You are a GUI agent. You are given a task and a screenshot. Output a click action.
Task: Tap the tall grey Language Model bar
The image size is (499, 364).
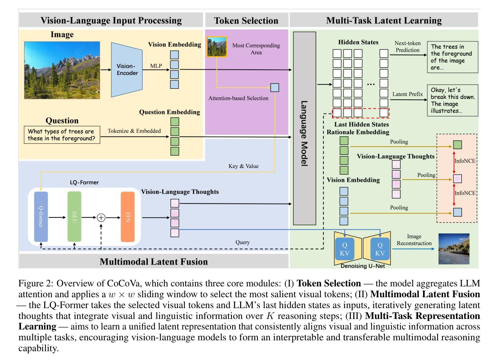click(304, 128)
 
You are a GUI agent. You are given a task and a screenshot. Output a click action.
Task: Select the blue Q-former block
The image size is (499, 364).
click(41, 217)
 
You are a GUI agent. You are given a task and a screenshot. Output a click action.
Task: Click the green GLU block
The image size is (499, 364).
click(74, 217)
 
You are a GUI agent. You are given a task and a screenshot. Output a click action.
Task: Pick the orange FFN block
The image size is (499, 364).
click(128, 217)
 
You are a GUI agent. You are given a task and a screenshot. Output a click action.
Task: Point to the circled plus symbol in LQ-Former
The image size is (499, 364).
click(101, 217)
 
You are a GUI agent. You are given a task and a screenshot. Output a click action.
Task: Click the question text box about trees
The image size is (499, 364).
click(62, 135)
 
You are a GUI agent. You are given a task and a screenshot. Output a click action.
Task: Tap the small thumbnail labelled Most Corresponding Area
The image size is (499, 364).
click(217, 47)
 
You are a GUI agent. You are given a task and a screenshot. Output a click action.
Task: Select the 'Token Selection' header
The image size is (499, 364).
click(246, 21)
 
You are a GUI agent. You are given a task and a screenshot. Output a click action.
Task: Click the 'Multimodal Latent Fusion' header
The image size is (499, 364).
click(154, 261)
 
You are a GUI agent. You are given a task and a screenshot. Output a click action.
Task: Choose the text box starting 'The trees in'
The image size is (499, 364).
click(452, 57)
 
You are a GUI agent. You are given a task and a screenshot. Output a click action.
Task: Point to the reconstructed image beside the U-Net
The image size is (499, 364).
click(454, 249)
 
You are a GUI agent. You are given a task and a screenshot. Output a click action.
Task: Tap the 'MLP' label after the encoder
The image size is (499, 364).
click(156, 66)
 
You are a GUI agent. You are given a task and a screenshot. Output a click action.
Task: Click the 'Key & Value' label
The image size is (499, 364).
click(243, 166)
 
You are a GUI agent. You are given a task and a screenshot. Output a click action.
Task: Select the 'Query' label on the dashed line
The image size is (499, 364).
click(242, 242)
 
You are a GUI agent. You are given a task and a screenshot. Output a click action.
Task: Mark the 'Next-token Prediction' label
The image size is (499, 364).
click(408, 47)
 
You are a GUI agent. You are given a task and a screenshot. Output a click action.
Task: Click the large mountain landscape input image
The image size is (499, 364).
click(62, 70)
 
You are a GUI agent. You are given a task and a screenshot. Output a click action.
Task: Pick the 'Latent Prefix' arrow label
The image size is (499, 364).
click(408, 94)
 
